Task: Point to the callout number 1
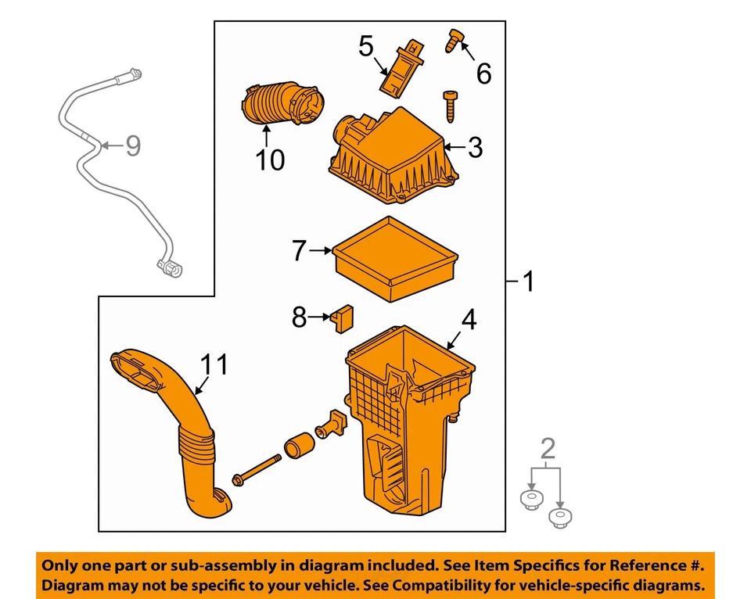pyautogui.click(x=529, y=281)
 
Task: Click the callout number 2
pyautogui.click(x=548, y=448)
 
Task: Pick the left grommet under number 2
pyautogui.click(x=531, y=498)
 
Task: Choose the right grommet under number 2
pyautogui.click(x=559, y=516)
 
